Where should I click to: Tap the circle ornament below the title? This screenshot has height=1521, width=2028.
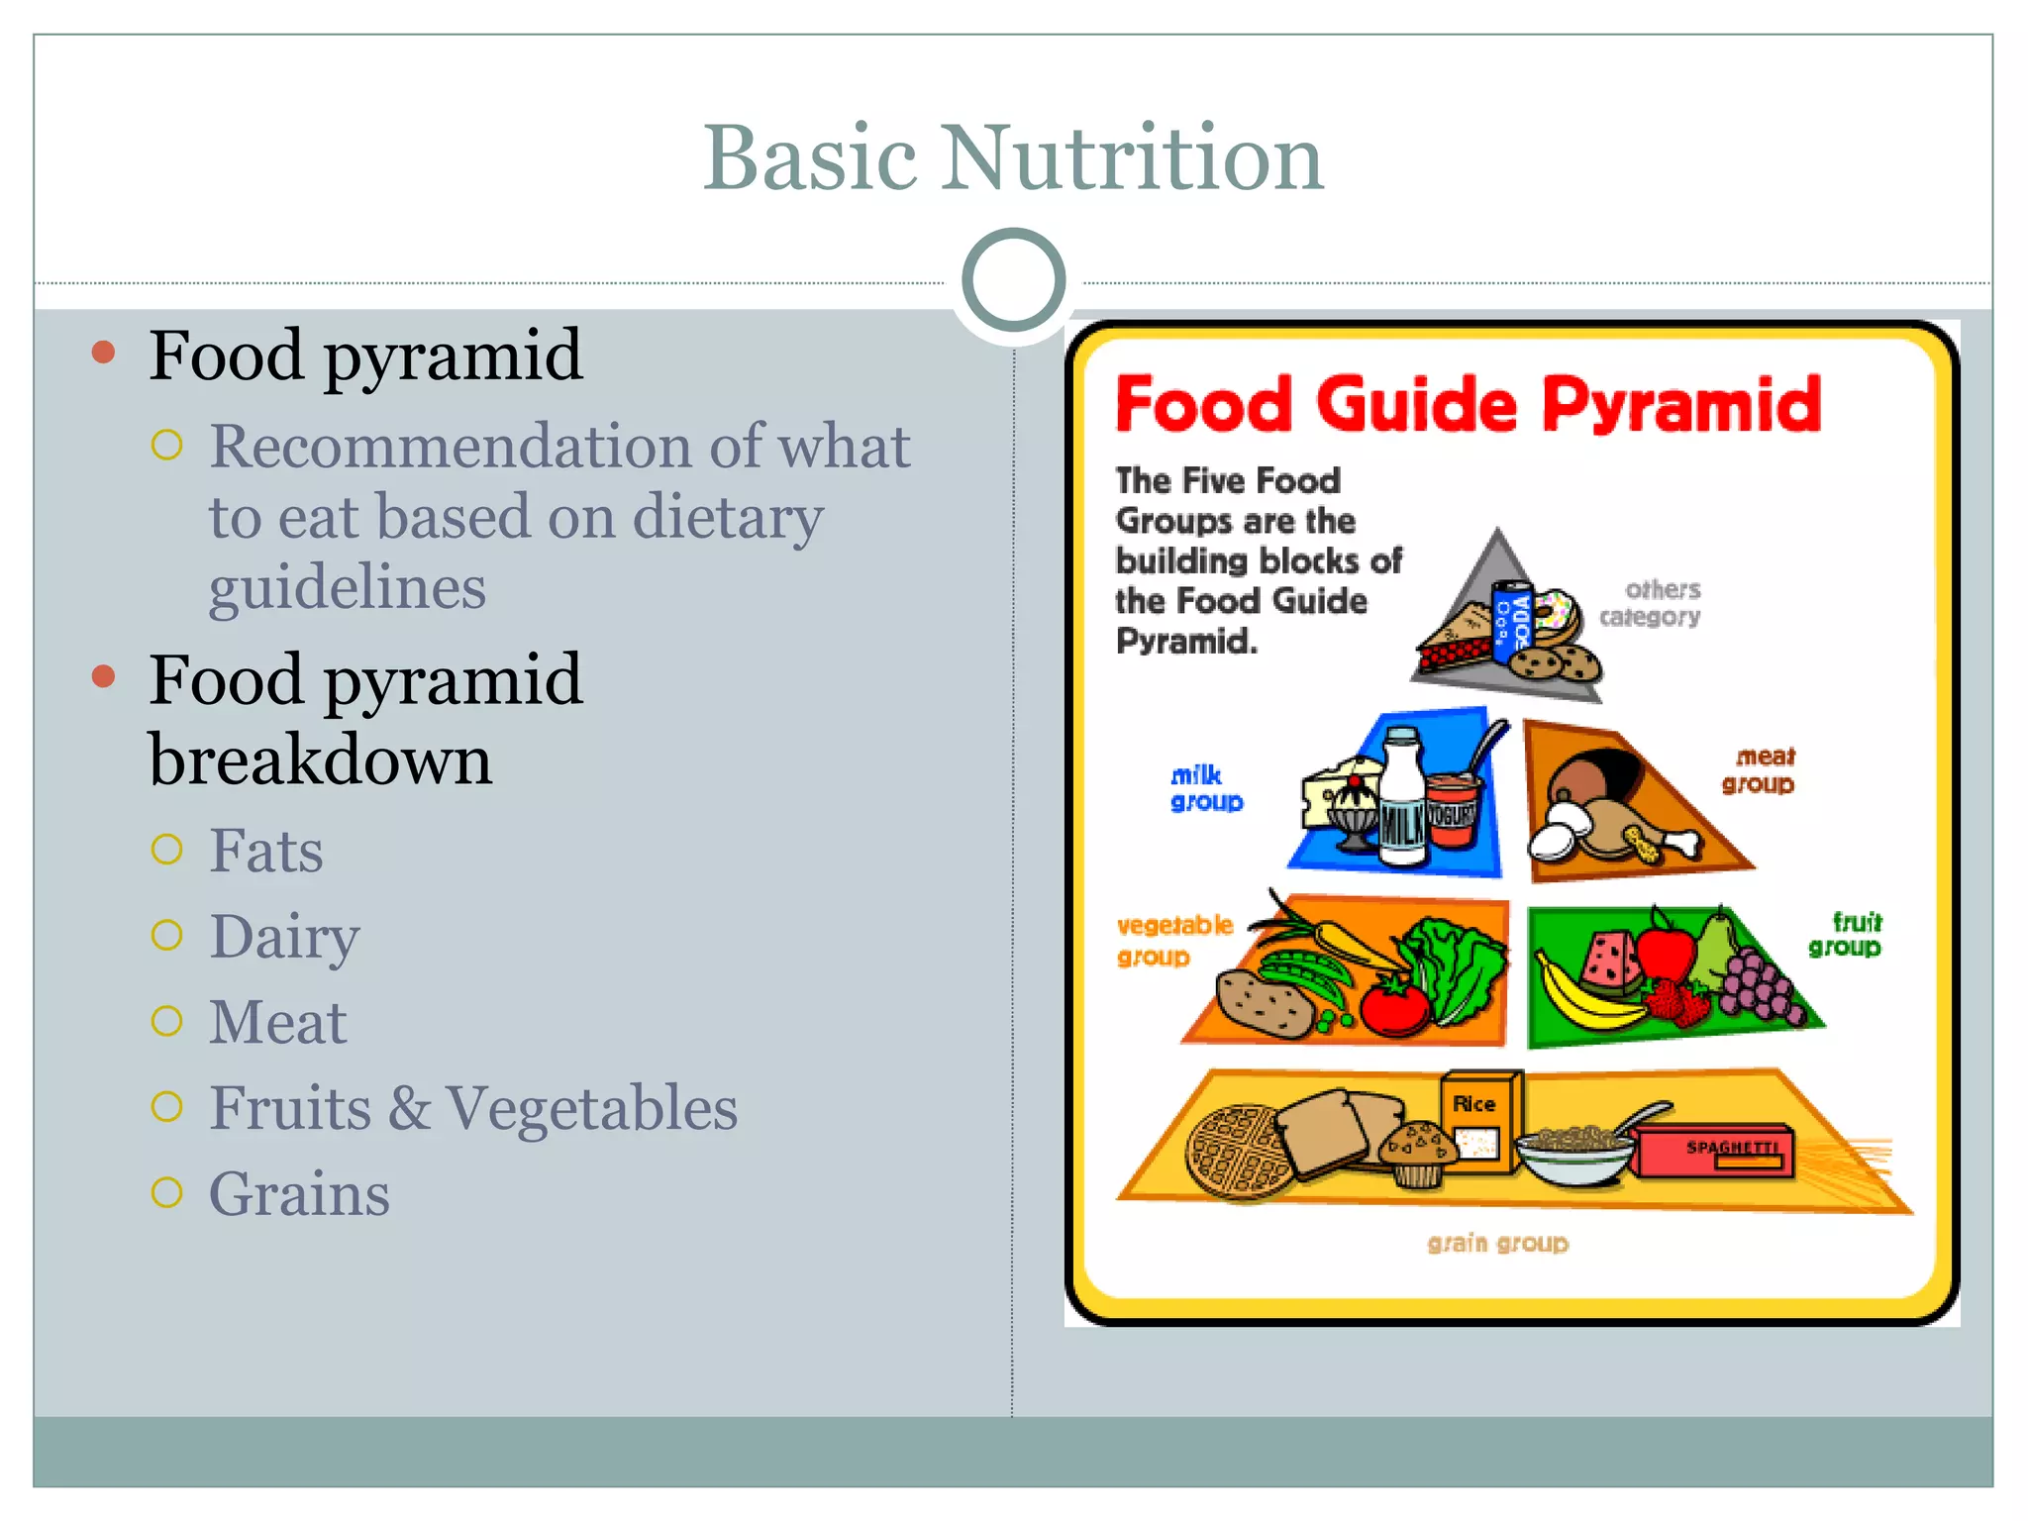tap(1013, 280)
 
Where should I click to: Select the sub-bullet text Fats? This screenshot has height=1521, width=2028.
tap(266, 851)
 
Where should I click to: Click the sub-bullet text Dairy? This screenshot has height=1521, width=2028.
tap(284, 937)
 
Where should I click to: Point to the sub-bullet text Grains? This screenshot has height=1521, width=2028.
tap(299, 1193)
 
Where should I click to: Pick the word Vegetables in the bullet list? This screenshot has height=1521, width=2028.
tap(591, 1107)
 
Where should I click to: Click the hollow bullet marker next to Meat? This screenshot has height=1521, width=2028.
tap(167, 1021)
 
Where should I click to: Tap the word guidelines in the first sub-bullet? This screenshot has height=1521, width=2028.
tap(347, 588)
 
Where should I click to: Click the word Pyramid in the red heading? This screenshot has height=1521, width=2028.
tap(1680, 406)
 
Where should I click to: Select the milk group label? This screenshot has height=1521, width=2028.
tap(1205, 788)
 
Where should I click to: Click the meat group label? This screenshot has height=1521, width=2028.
tap(1759, 770)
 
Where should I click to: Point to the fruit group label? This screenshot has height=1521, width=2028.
tap(1846, 935)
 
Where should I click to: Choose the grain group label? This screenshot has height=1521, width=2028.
tap(1497, 1243)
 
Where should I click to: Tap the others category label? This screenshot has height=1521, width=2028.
tap(1651, 603)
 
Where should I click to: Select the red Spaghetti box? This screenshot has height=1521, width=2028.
tap(1715, 1152)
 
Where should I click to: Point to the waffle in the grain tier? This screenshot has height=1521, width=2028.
tap(1238, 1152)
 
